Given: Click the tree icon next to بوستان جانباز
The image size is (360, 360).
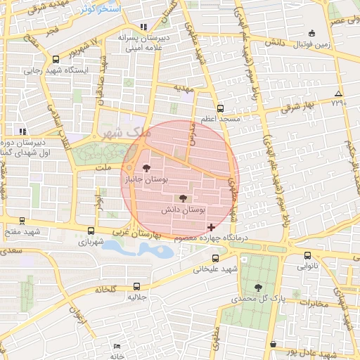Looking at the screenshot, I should (x=146, y=168).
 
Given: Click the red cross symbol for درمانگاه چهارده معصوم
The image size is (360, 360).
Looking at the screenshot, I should (x=212, y=227).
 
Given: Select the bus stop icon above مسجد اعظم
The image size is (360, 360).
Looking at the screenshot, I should (x=221, y=108).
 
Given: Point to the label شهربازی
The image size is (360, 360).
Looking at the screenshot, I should (x=91, y=242).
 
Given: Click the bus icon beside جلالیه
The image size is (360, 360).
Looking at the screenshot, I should (x=136, y=286).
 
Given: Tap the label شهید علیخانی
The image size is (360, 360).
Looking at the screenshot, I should (x=217, y=268).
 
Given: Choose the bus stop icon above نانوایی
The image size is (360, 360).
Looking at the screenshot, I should (x=307, y=256).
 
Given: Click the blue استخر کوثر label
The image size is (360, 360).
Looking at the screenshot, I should (x=101, y=9).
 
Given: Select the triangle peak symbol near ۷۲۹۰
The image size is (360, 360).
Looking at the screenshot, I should (x=339, y=93).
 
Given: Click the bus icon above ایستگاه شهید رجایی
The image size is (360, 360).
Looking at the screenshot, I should (x=56, y=59).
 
